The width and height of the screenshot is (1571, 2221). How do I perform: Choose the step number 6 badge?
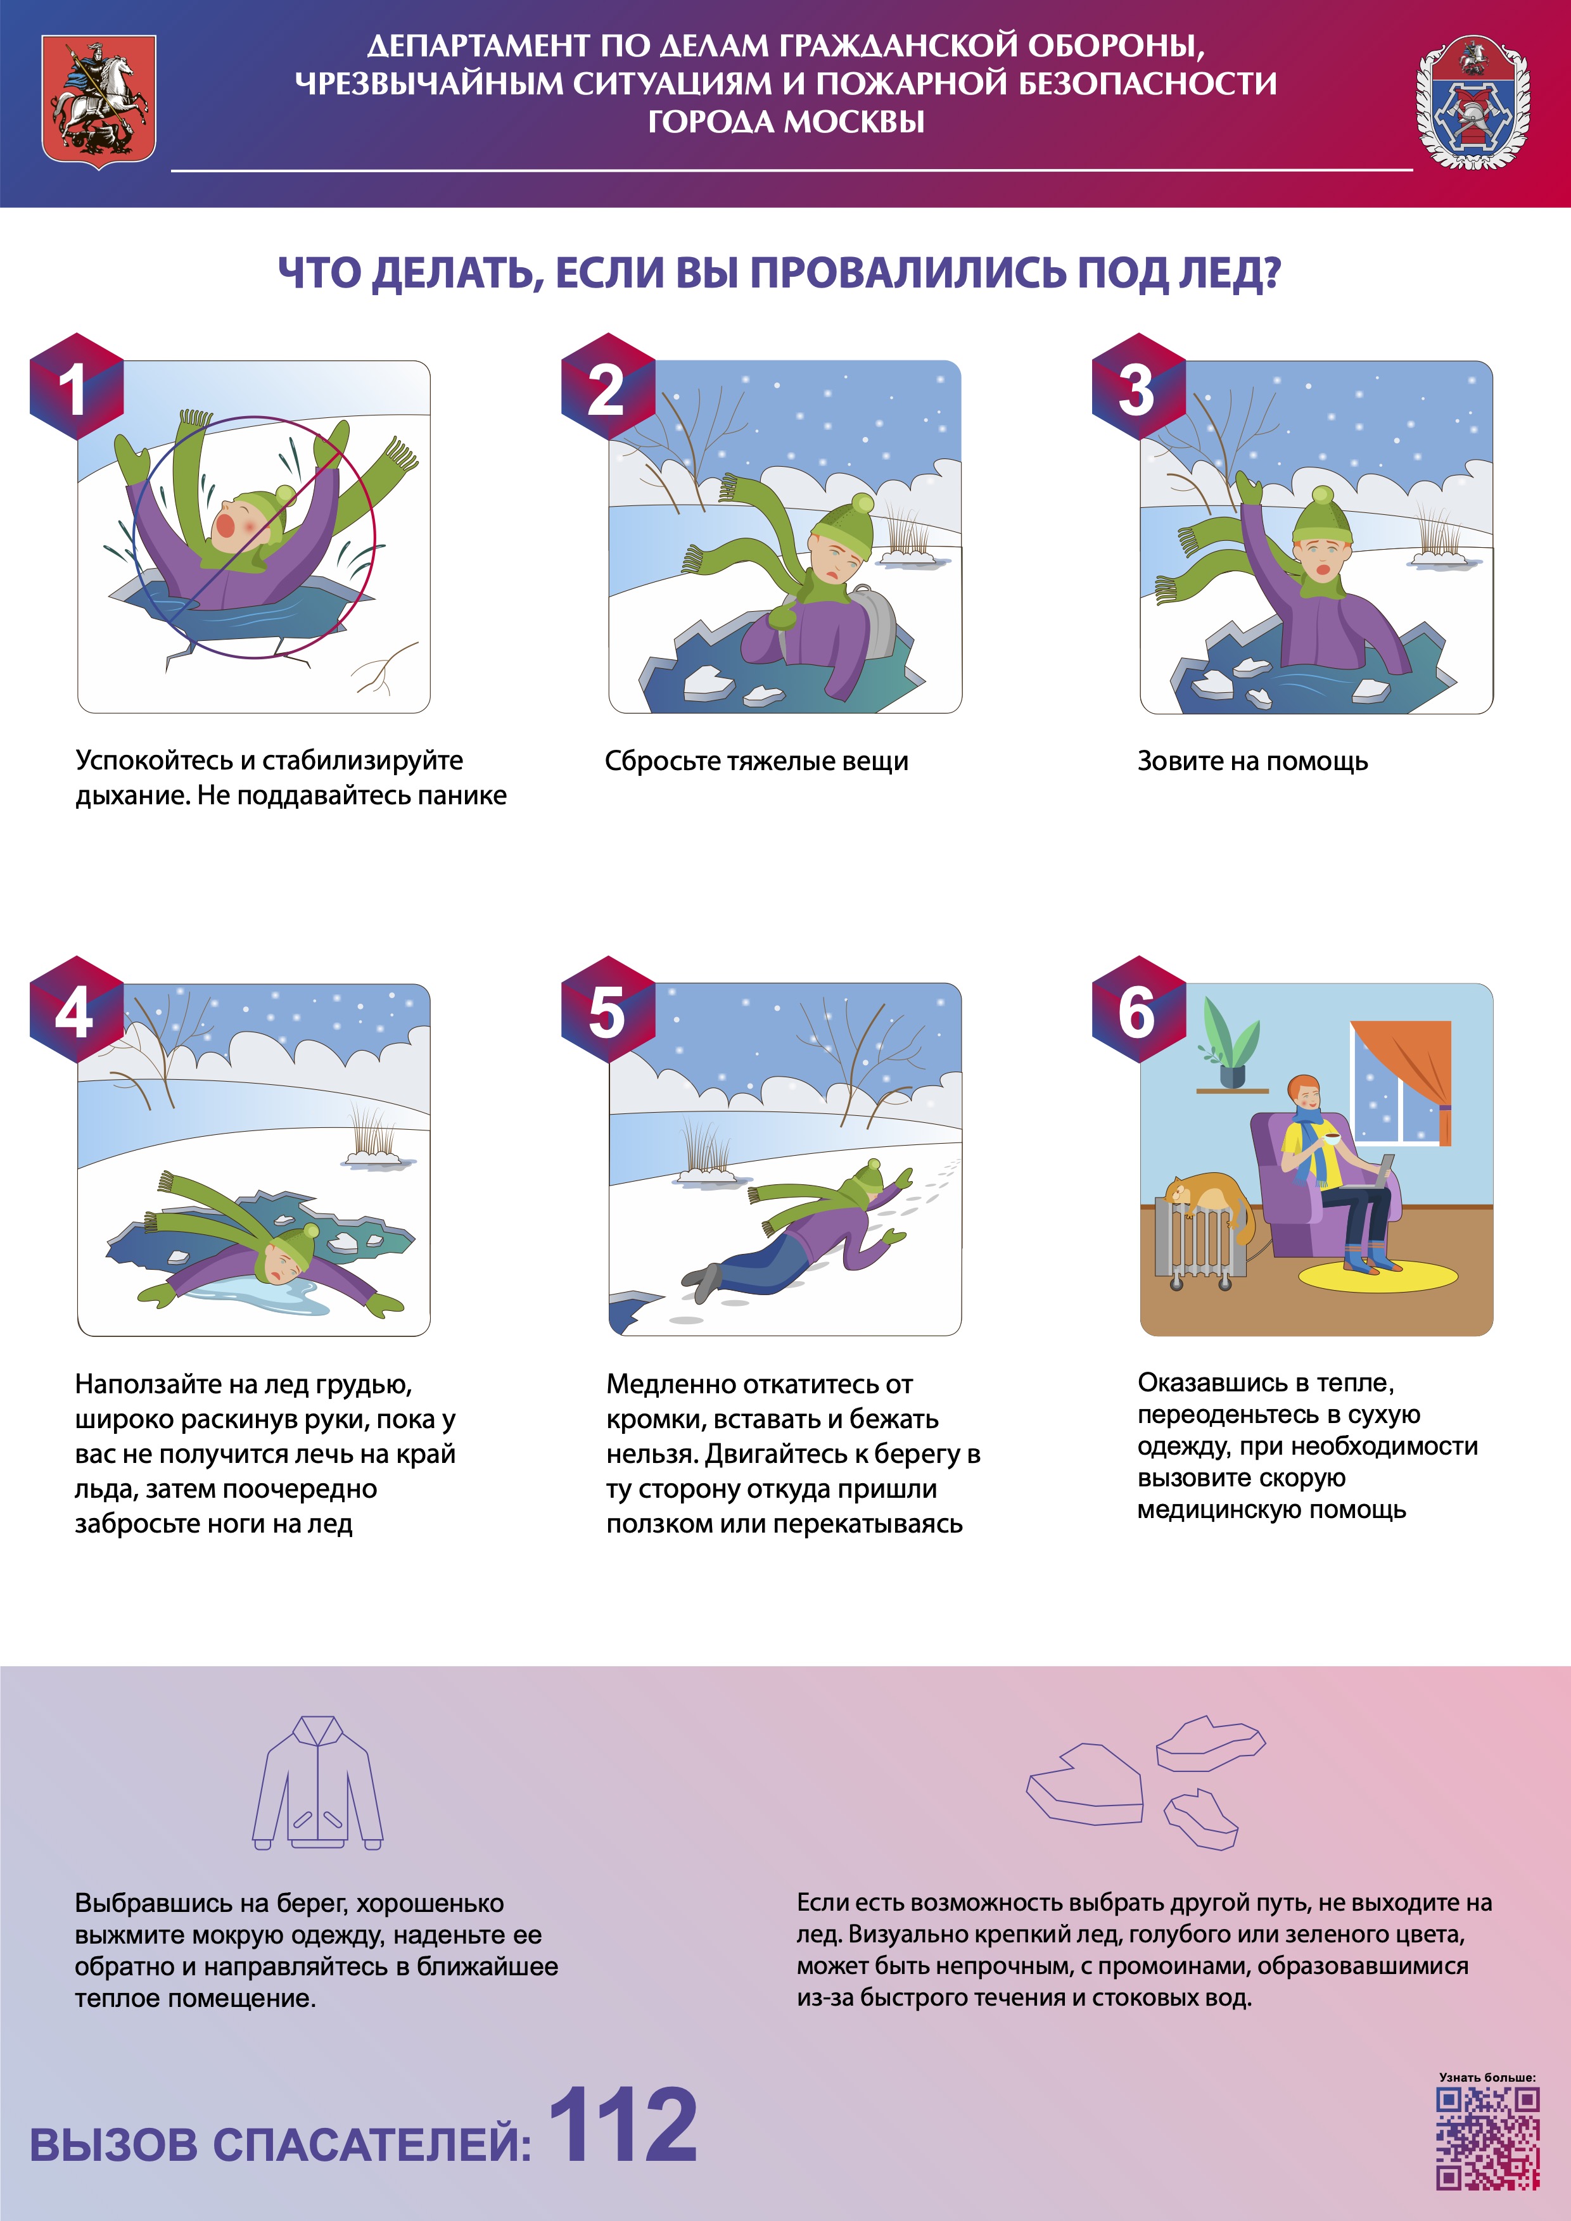coord(1138,1010)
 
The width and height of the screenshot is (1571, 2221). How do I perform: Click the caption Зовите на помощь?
coord(1252,761)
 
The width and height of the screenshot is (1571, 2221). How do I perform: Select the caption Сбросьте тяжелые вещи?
coord(756,761)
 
